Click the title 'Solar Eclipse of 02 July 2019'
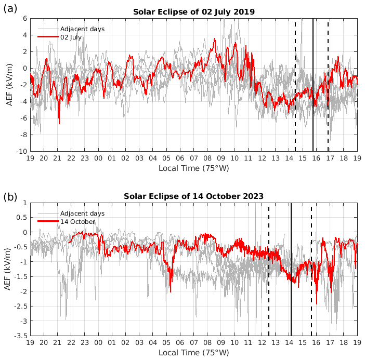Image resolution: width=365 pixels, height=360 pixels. coord(193,11)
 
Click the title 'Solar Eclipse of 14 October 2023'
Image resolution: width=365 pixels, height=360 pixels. coord(193,196)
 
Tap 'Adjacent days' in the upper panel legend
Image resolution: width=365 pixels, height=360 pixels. coord(82,29)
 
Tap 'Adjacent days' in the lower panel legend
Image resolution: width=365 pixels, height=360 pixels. coord(82,214)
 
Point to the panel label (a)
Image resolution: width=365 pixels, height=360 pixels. coord(11,9)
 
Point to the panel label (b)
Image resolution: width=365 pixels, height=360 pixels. coord(11,197)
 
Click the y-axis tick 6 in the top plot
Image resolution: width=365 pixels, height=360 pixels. coord(24,18)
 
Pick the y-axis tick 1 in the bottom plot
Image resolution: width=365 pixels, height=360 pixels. coord(24,203)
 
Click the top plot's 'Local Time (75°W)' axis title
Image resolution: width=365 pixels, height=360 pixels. coord(193,168)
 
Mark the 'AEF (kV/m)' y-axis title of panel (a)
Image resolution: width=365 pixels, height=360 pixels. coord(9,85)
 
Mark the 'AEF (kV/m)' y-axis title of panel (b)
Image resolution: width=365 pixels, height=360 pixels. coord(9,269)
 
